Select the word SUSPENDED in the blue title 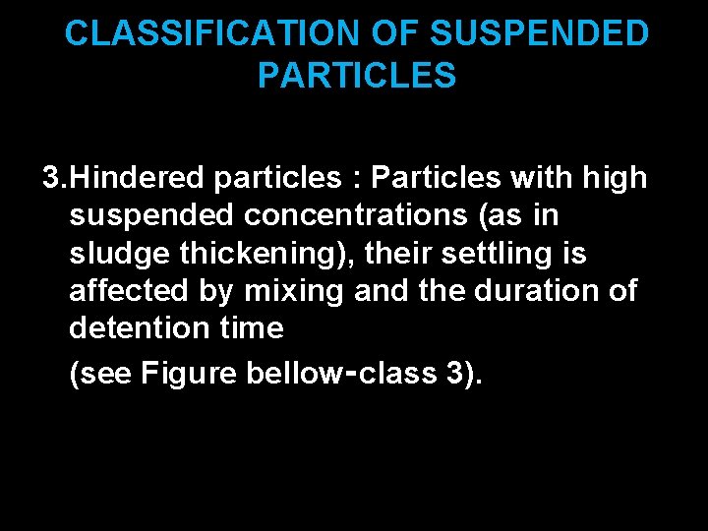[540, 34]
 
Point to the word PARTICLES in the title [357, 76]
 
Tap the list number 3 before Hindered [51, 178]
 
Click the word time [253, 328]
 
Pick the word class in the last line [386, 375]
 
